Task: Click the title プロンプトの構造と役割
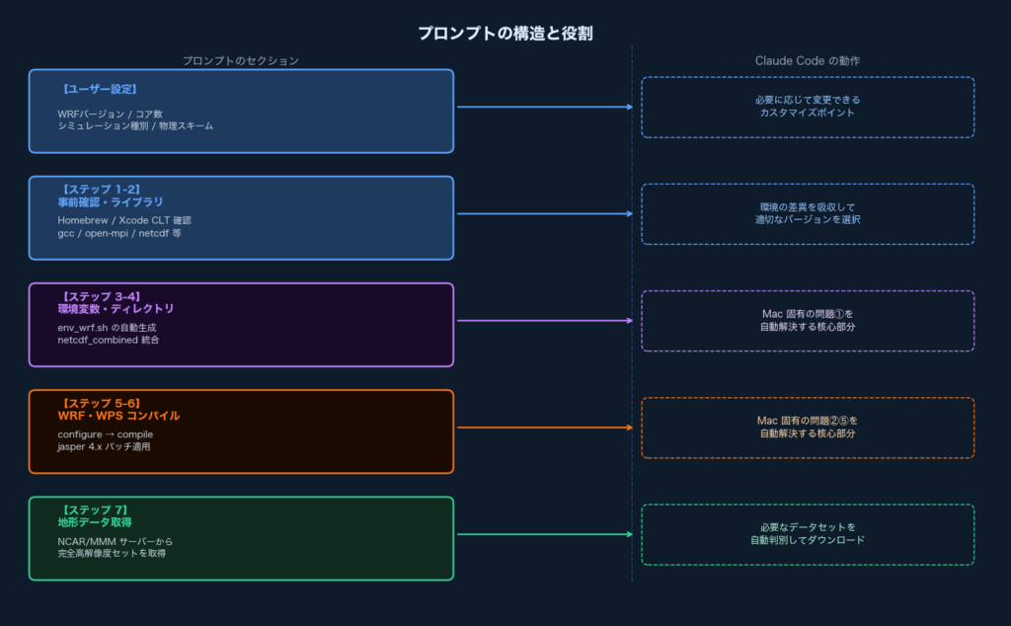pos(505,34)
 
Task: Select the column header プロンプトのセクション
pos(240,60)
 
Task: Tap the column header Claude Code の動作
pos(807,60)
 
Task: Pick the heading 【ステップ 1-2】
pos(100,189)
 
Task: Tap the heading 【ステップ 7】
pos(95,509)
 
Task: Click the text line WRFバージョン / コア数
pos(110,114)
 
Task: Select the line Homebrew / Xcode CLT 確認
pos(123,220)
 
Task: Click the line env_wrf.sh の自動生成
pos(107,327)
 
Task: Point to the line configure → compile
pos(105,434)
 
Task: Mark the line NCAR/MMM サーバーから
pos(116,541)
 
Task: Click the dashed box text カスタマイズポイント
pos(807,114)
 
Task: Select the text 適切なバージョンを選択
pos(807,220)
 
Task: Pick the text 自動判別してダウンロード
pos(807,541)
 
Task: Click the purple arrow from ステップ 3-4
pos(543,321)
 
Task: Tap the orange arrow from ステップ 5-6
pos(543,428)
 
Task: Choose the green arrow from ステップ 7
pos(543,535)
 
